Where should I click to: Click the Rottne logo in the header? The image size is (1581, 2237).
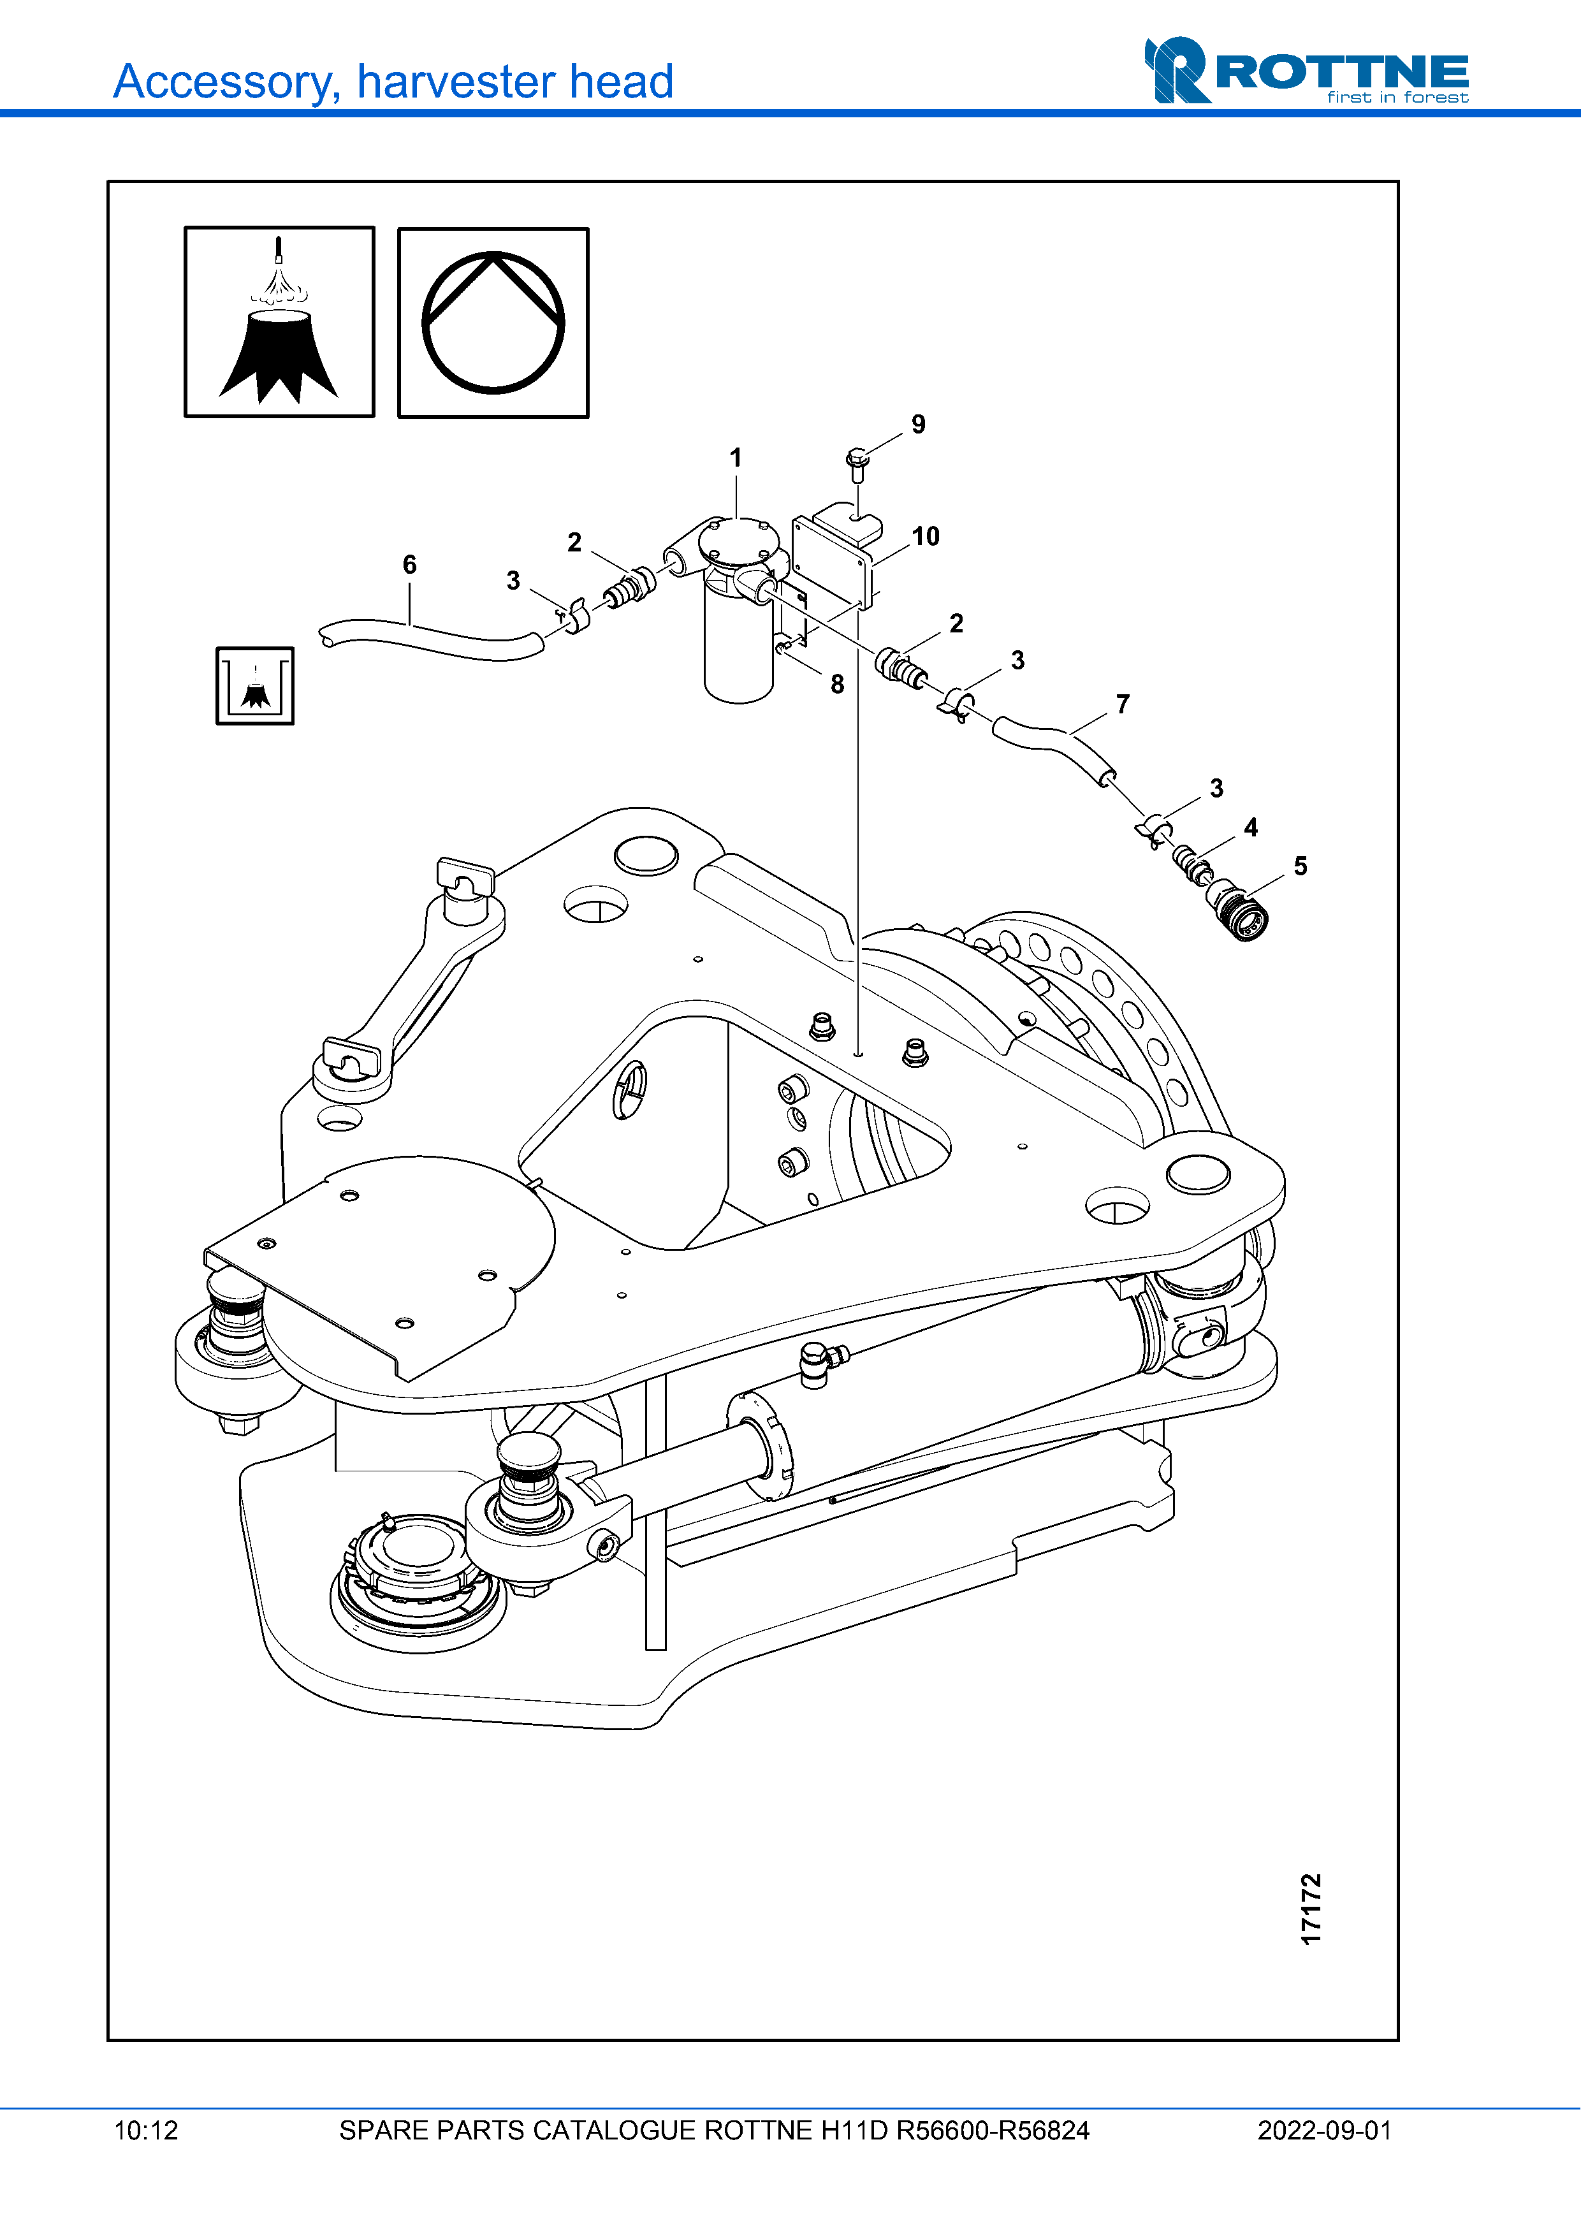coord(1306,71)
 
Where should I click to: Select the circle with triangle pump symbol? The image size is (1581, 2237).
coord(493,323)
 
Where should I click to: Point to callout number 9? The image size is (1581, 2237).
coord(917,424)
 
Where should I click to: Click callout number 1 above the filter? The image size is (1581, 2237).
coord(736,457)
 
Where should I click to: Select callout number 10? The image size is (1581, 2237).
coord(926,536)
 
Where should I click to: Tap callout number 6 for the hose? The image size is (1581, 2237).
coord(409,564)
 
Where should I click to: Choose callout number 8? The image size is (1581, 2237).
coord(837,684)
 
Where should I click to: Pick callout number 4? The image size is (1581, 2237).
coord(1251,827)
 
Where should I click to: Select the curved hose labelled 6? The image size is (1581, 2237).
coord(428,643)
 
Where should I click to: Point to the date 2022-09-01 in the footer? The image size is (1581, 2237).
coord(1324,2130)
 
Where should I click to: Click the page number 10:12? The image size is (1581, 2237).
coord(146,2130)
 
